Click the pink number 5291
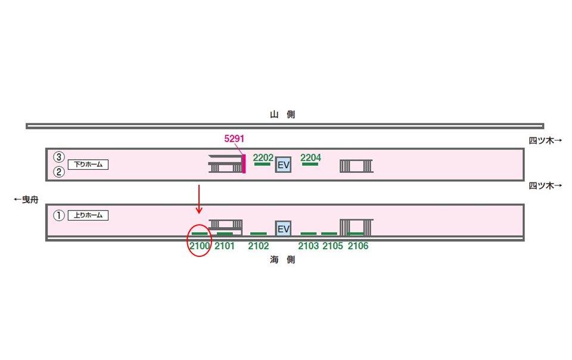pos(234,139)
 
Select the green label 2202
pos(263,157)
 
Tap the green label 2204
pos(310,157)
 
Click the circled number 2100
pos(199,246)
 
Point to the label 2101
pos(225,246)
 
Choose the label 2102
pos(259,246)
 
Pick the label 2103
pos(309,246)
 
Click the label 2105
pos(332,246)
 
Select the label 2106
pos(357,246)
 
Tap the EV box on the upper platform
pos(284,165)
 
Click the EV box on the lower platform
pos(284,228)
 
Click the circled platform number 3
pos(58,157)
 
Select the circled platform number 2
pos(58,172)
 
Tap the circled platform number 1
pos(58,215)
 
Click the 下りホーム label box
pos(88,165)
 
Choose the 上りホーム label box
pos(88,215)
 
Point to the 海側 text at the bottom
pos(282,260)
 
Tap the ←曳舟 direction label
pos(26,200)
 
